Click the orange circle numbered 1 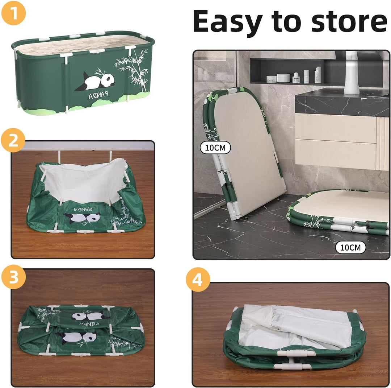click(x=13, y=13)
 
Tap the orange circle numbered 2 click(x=13, y=140)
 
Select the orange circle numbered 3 click(x=13, y=277)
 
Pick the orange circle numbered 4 click(x=198, y=280)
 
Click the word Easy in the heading click(x=228, y=22)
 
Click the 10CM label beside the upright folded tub click(x=215, y=148)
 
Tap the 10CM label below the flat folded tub click(x=350, y=247)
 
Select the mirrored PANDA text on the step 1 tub click(x=98, y=95)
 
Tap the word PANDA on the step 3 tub click(x=89, y=324)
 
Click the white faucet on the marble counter click(x=351, y=73)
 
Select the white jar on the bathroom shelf click(x=283, y=78)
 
